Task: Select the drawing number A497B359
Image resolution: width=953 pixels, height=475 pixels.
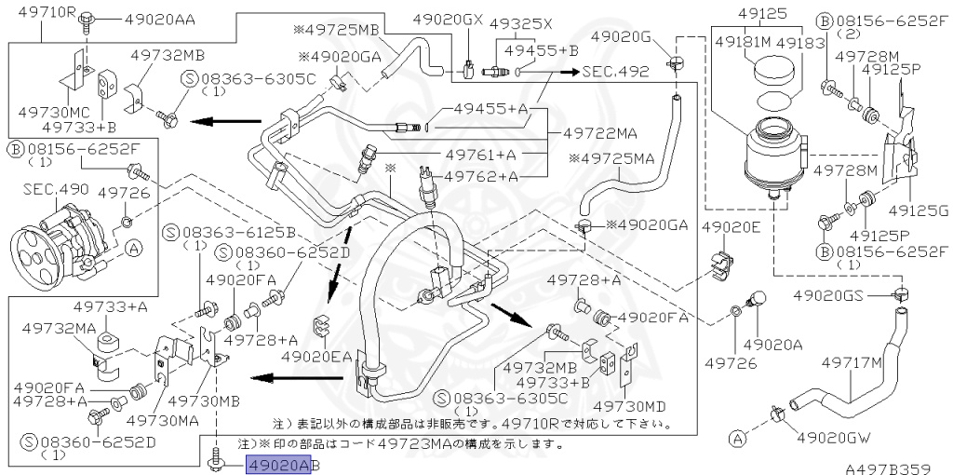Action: point(893,463)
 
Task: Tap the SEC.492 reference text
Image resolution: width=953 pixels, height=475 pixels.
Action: point(616,71)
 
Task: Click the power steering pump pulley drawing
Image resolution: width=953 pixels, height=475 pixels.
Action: point(35,251)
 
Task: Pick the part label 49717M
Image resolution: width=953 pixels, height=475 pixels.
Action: point(851,363)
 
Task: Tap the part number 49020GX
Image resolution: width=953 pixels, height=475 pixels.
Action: point(448,20)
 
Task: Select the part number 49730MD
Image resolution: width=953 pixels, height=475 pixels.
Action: point(629,406)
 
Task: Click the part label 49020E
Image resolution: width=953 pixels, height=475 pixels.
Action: point(732,227)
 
